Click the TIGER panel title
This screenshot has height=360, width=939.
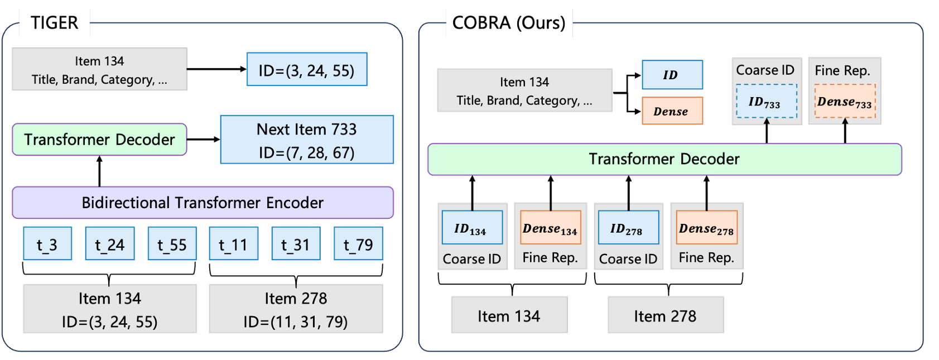[x=54, y=23]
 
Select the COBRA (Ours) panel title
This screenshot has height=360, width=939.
[x=508, y=23]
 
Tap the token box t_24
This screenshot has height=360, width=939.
[x=110, y=244]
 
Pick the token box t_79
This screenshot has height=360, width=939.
[x=358, y=244]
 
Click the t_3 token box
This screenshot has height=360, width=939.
[x=47, y=244]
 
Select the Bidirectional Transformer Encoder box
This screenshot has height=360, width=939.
[x=203, y=203]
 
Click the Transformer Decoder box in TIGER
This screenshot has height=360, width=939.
[x=99, y=140]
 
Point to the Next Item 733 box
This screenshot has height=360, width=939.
[x=307, y=140]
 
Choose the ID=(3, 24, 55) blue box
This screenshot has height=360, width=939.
[x=307, y=70]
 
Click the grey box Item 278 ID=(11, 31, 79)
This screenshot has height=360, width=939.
[x=296, y=309]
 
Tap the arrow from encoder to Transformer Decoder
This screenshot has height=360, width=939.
[x=99, y=171]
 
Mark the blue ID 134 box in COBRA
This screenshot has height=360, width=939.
[x=472, y=228]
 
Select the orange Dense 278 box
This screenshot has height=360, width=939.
[x=706, y=228]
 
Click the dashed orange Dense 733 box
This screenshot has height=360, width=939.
[x=845, y=102]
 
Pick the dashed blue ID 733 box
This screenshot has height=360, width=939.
[x=766, y=102]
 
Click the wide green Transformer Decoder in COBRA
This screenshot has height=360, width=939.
[x=664, y=160]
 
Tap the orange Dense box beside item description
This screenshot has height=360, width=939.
[x=672, y=111]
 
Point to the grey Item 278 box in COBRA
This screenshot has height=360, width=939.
[x=665, y=316]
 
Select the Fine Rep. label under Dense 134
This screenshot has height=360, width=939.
[x=550, y=258]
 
